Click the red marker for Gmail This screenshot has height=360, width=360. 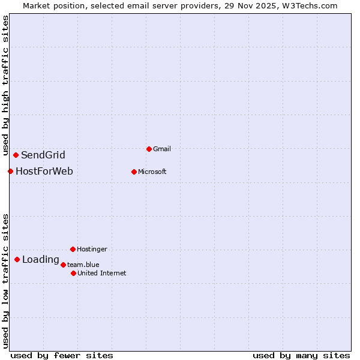149,149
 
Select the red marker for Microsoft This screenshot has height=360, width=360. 134,172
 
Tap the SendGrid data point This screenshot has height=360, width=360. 16,155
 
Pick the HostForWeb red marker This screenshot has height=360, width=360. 10,172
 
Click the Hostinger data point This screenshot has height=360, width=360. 73,249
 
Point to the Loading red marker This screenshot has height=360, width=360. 17,260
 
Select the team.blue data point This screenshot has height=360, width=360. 63,265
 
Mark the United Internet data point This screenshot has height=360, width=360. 73,273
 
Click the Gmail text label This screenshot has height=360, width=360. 161,149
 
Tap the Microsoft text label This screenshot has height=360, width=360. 152,172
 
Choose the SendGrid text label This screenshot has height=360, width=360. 43,155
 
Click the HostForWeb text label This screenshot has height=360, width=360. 44,172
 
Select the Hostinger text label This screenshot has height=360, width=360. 92,249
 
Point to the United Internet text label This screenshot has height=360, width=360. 101,273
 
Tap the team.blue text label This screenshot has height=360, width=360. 83,265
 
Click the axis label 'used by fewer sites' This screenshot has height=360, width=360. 62,355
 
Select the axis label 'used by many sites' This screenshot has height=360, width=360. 301,355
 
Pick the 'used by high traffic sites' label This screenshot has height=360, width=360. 5,85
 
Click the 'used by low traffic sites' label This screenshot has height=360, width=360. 5,281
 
